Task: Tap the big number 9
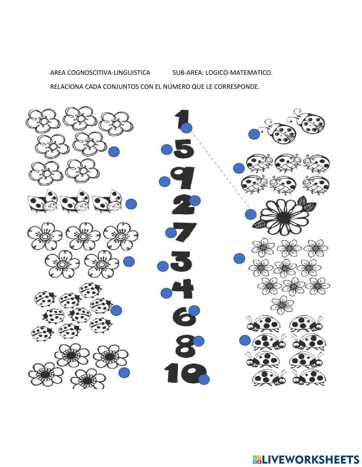[183, 178]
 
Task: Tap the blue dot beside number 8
[198, 341]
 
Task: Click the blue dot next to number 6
[194, 310]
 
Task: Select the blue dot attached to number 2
[195, 200]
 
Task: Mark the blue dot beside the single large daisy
[251, 215]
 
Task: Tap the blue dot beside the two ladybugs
[254, 135]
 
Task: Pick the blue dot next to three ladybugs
[131, 204]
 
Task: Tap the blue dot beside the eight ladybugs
[245, 340]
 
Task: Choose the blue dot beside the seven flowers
[114, 152]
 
